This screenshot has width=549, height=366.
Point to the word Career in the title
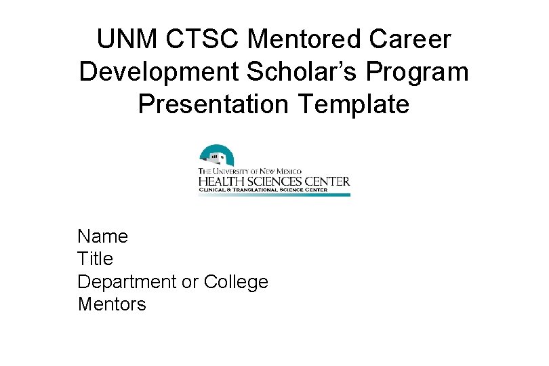click(x=410, y=40)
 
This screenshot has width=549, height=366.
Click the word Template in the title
click(x=353, y=105)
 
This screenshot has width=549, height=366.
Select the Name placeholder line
click(x=103, y=237)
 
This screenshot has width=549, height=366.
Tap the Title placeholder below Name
click(x=96, y=259)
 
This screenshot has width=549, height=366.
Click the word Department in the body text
click(x=127, y=282)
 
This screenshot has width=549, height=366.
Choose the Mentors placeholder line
click(x=112, y=304)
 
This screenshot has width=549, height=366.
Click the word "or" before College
click(x=190, y=282)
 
